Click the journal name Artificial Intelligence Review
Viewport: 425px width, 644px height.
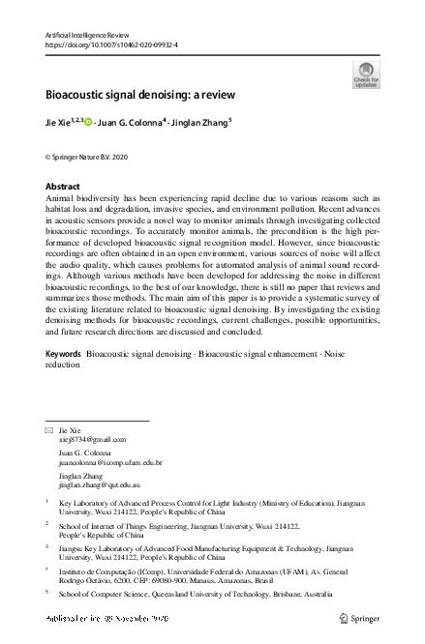coord(93,35)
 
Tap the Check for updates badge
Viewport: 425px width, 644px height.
coord(365,75)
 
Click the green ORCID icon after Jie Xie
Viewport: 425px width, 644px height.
coord(88,122)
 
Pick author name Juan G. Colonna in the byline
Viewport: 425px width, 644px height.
coord(131,122)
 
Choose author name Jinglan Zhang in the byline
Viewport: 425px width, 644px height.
coord(201,122)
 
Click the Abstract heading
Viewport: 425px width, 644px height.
coord(63,186)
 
